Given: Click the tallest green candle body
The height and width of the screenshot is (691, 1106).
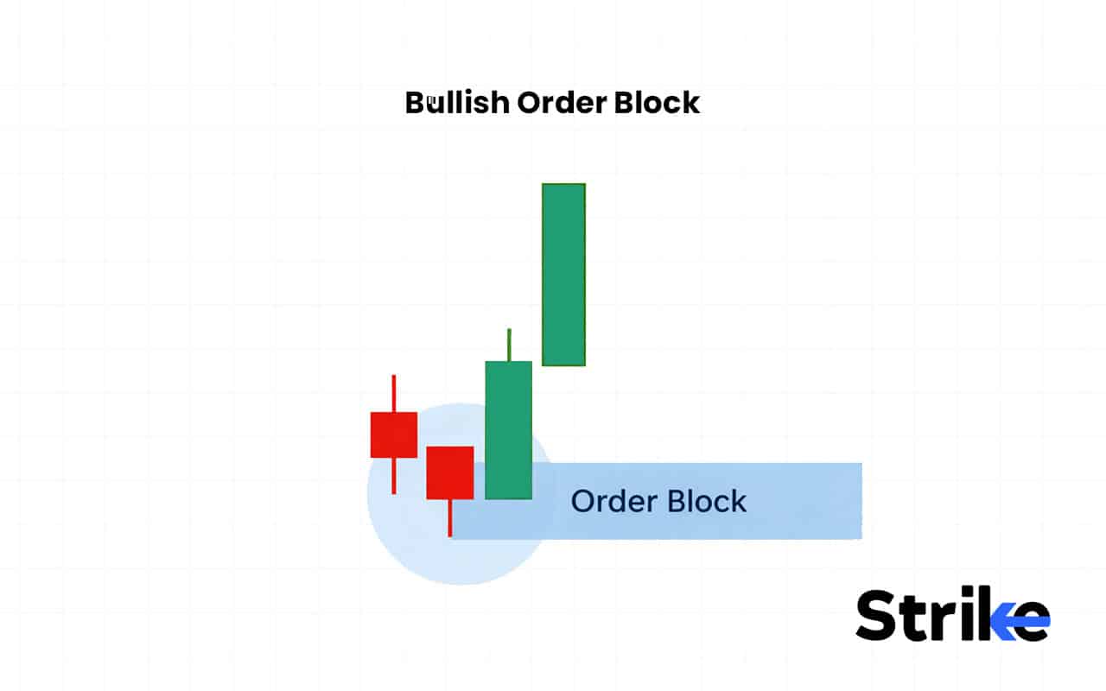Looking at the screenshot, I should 563,274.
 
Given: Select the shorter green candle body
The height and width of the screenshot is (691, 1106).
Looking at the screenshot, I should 508,429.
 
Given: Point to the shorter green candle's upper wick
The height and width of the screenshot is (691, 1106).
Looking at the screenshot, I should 509,345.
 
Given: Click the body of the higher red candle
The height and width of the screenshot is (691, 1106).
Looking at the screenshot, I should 394,434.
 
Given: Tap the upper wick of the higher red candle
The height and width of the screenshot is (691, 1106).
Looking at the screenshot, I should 394,393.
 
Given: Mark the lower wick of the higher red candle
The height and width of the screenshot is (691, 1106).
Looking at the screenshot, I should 394,475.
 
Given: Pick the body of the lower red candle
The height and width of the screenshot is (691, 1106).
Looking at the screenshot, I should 449,472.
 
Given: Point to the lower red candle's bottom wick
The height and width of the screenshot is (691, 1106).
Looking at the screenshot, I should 449,518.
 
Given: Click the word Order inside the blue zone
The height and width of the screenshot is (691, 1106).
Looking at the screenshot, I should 608,501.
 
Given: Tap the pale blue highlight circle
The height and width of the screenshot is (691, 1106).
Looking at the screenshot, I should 415,544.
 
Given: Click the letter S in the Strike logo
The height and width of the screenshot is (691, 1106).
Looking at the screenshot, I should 880,615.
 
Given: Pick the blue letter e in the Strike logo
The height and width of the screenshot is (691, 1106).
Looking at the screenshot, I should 1030,620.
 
